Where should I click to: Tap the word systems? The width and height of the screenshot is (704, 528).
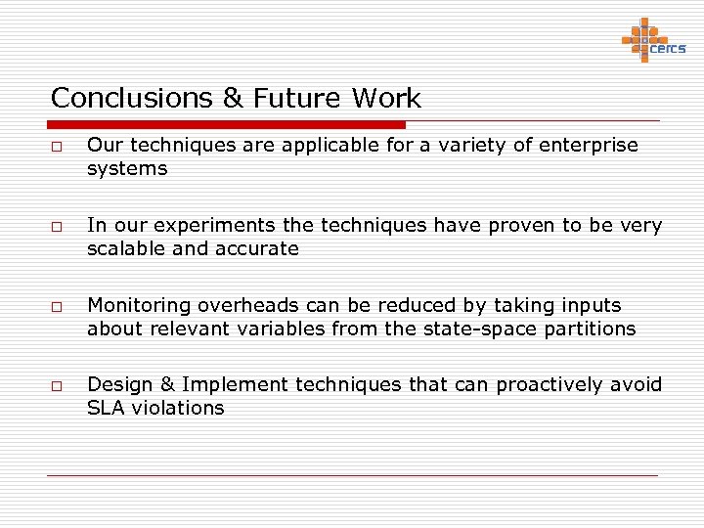click(x=127, y=169)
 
